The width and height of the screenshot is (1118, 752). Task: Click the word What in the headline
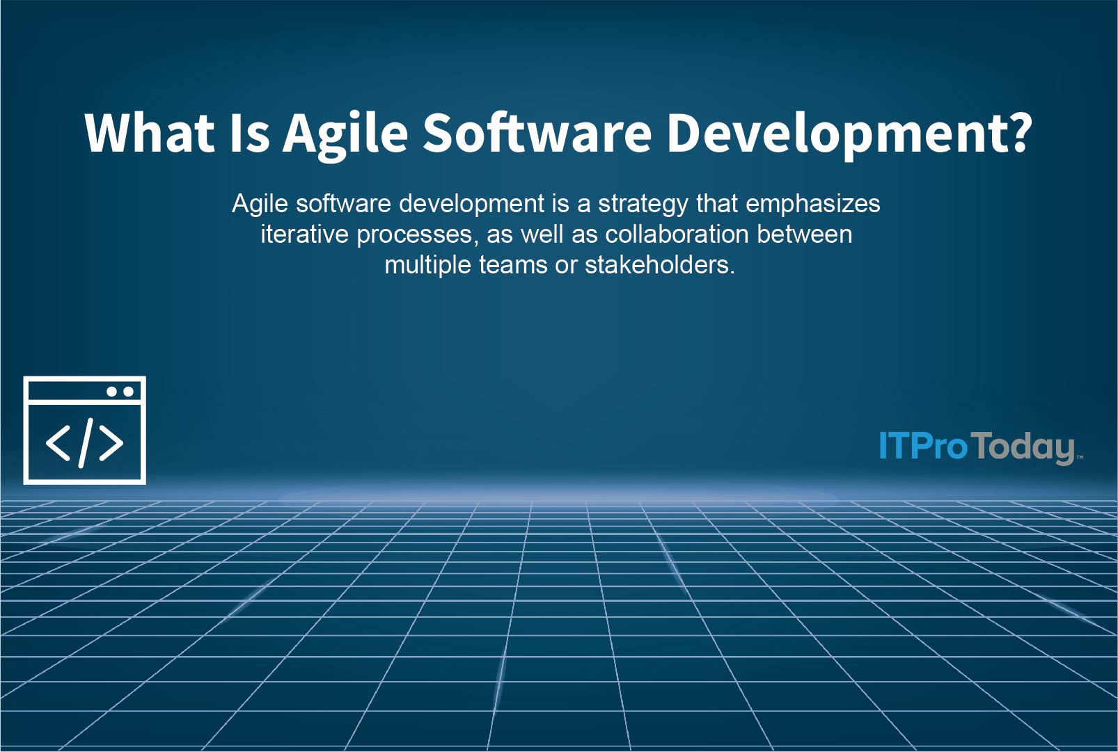click(149, 133)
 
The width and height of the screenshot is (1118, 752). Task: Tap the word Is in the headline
click(249, 133)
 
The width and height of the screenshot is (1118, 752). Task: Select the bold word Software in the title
click(537, 133)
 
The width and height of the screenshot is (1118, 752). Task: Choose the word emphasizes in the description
click(812, 204)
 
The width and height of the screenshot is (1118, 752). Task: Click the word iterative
click(304, 234)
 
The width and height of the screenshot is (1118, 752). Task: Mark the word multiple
click(427, 265)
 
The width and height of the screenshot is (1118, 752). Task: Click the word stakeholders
click(659, 265)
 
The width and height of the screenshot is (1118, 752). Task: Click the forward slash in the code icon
click(86, 442)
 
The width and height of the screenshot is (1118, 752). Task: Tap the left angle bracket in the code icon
click(58, 443)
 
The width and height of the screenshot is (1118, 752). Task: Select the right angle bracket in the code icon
click(111, 443)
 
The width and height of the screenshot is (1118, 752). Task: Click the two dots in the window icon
click(120, 392)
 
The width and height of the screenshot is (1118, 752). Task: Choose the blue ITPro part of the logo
click(923, 446)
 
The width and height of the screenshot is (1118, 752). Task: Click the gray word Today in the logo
click(1023, 447)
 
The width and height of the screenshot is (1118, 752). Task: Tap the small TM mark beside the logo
click(1080, 457)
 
